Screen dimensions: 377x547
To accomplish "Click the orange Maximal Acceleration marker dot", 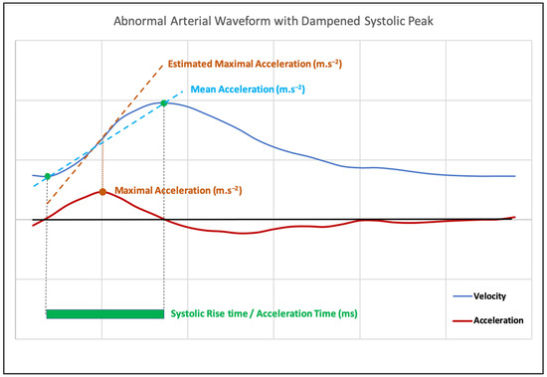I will click(x=102, y=190).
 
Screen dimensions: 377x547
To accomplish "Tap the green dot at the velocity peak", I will click(x=163, y=102).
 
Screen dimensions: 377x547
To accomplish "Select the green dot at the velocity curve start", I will click(x=47, y=176).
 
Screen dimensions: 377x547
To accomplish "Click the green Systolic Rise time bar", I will click(x=104, y=314).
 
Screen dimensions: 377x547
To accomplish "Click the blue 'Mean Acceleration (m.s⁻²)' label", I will click(x=250, y=90).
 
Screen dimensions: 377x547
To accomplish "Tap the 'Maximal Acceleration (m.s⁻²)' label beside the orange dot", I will click(x=178, y=189).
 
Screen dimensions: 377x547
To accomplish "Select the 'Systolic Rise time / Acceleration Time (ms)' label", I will click(x=264, y=313).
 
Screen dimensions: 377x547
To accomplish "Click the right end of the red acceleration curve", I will click(x=514, y=217).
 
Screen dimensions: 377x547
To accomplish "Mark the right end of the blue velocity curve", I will click(x=515, y=176).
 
